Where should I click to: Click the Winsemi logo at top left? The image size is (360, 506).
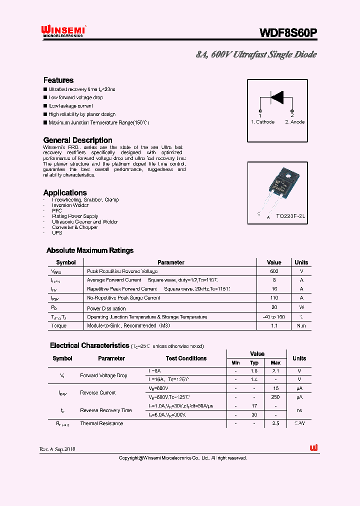click(63, 31)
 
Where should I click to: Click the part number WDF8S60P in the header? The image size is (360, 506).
click(287, 33)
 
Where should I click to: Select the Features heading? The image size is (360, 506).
click(58, 80)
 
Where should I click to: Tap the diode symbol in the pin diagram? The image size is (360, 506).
click(276, 96)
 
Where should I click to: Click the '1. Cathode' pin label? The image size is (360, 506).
click(262, 122)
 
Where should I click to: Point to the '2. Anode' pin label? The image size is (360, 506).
click(294, 122)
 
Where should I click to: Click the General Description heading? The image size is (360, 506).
click(77, 140)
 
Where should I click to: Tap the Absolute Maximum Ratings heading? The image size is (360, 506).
click(90, 250)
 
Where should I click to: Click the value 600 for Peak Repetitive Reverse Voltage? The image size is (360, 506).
click(274, 271)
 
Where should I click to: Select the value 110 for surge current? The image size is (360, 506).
click(274, 298)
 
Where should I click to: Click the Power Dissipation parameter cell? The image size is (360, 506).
click(106, 308)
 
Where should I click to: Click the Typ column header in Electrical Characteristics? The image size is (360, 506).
click(254, 362)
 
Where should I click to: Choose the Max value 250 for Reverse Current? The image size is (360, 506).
click(275, 397)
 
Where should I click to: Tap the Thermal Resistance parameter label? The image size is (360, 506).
click(101, 423)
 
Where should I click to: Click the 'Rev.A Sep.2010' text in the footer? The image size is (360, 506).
click(57, 449)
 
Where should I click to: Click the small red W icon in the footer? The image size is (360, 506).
click(314, 448)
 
